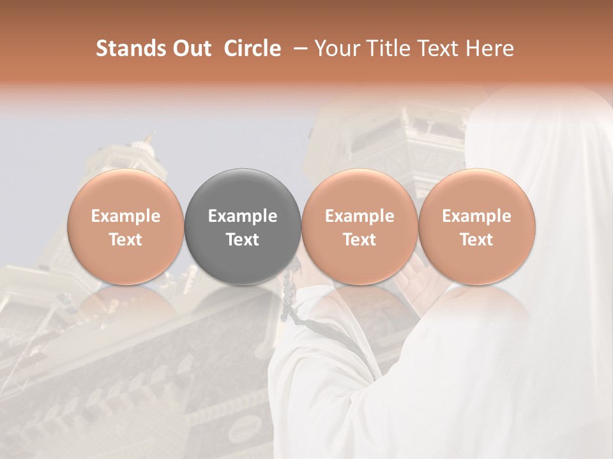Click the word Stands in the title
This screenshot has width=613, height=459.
click(130, 48)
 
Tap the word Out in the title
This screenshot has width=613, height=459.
click(191, 48)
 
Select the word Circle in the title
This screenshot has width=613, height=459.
click(252, 48)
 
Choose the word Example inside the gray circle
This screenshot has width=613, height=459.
click(243, 216)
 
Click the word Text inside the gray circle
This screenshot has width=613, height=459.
click(243, 240)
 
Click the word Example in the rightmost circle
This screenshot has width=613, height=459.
click(477, 216)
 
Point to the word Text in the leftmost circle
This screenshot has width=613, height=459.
click(126, 240)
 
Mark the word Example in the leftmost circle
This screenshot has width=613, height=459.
click(126, 216)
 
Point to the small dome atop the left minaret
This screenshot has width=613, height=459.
click(150, 138)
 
